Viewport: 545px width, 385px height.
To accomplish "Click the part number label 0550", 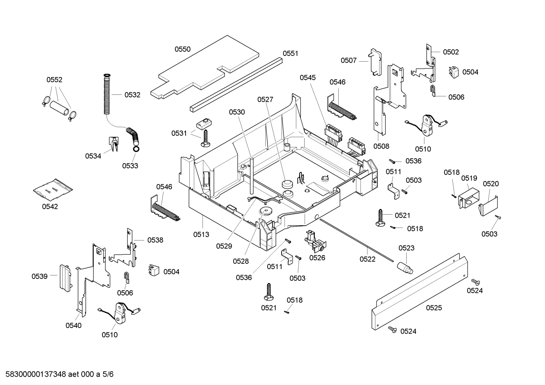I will [183, 49].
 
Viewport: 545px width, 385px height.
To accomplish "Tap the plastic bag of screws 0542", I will [53, 189].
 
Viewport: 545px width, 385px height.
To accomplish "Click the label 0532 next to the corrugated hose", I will [132, 95].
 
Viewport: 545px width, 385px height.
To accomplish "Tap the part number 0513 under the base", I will [201, 235].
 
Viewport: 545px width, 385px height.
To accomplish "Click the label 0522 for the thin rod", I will [367, 259].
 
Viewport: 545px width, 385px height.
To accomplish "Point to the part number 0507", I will [348, 60].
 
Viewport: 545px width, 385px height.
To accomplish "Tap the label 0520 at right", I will [491, 184].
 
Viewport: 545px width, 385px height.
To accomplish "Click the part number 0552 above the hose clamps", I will [54, 80].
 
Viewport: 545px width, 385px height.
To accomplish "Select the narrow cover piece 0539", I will [64, 277].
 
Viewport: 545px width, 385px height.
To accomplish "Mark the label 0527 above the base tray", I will [265, 99].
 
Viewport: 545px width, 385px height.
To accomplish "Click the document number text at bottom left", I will [57, 374].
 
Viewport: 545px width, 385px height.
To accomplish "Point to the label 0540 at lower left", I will [73, 325].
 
